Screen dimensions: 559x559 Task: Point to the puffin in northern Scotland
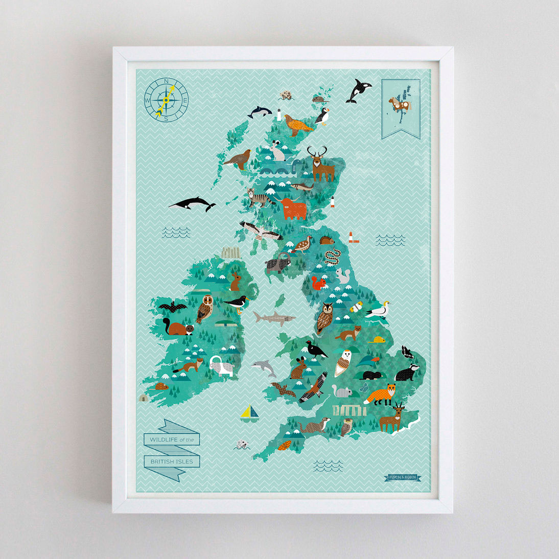pyautogui.click(x=322, y=116)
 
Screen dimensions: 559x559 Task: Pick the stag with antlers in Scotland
pyautogui.click(x=320, y=163)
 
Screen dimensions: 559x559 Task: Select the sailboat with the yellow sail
pyautogui.click(x=248, y=412)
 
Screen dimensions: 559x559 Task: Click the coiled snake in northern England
pyautogui.click(x=333, y=257)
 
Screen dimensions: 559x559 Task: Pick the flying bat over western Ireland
pyautogui.click(x=173, y=308)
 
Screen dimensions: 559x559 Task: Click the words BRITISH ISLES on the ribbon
pyautogui.click(x=172, y=461)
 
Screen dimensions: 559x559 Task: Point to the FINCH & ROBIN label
pyautogui.click(x=403, y=477)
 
